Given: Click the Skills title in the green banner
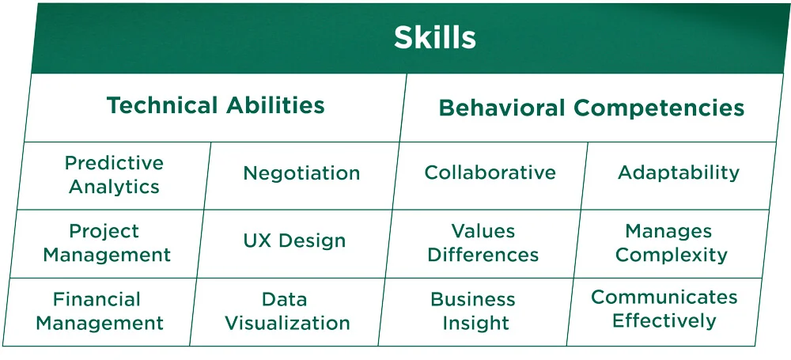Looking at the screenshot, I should tap(435, 37).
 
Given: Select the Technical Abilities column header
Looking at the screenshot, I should tap(215, 105).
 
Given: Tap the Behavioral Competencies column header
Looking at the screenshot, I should tap(591, 108).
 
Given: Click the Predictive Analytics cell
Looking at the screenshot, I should tap(114, 175).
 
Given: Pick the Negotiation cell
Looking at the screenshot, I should tap(301, 173).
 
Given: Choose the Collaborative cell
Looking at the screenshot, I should tap(490, 172).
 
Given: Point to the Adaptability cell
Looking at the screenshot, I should tap(678, 172).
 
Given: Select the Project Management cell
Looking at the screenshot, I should tap(107, 243).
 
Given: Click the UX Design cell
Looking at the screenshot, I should tap(294, 241).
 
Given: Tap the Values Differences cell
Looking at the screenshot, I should tap(483, 243).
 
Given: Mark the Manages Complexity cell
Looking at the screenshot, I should tap(671, 243).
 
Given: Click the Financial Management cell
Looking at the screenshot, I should tap(100, 311).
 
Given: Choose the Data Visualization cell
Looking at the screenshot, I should tap(287, 311).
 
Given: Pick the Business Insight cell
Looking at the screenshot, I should tap(475, 311).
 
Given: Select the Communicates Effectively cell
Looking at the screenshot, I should tap(664, 309).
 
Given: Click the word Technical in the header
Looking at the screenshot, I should tap(162, 105).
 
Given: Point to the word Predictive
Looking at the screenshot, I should tap(114, 163).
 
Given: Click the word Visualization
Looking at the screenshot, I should tap(287, 323).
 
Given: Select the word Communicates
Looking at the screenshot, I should tap(664, 297).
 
